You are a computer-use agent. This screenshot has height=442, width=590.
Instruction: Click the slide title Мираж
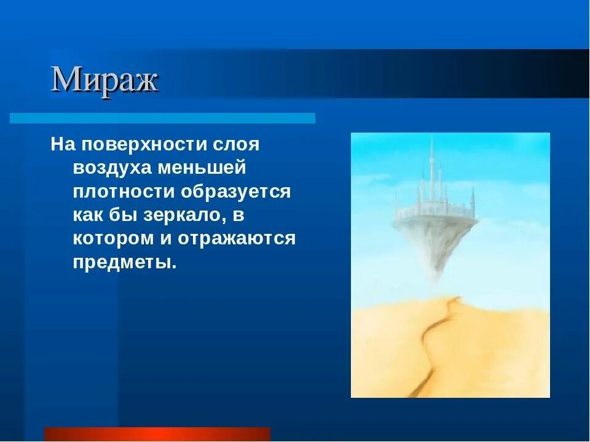coord(104,80)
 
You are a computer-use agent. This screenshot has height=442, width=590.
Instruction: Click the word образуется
coord(235,192)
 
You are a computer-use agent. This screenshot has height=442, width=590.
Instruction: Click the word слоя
coord(237,145)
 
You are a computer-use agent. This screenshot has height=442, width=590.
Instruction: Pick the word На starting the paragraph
coord(62,145)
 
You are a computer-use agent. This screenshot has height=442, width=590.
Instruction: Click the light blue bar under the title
coord(163,118)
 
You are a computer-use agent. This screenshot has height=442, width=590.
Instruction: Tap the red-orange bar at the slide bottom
coord(157,434)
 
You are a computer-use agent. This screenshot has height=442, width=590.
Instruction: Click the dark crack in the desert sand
coord(441,335)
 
